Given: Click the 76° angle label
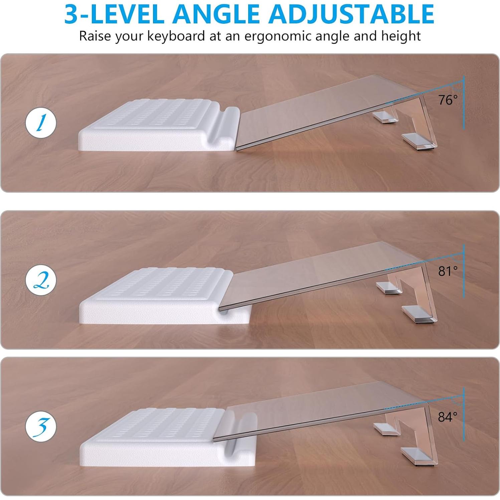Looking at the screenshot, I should (448, 100).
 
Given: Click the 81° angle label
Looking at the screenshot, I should (448, 271).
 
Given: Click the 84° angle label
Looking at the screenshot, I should (448, 417).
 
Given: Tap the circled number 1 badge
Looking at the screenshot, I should (41, 123).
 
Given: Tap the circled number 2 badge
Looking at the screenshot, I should (41, 280).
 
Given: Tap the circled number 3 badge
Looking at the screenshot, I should (41, 427).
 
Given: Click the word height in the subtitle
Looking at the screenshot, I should (401, 36).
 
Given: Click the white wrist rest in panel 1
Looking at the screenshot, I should (157, 127).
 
